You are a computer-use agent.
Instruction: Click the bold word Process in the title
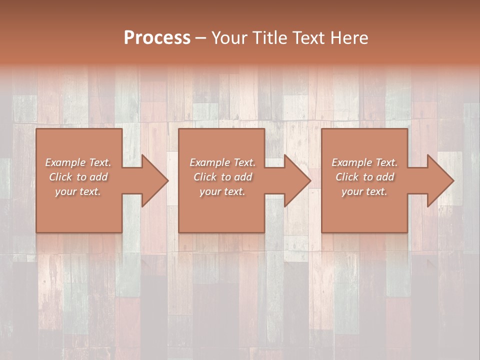coord(157,37)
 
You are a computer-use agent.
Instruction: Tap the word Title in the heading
coord(270,37)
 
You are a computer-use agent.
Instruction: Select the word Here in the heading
coord(350,37)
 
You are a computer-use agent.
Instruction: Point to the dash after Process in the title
coord(200,38)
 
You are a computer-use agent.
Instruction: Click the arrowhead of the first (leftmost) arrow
coord(155,180)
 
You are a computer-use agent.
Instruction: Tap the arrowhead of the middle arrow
coord(297,180)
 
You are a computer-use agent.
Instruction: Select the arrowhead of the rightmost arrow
coord(440,180)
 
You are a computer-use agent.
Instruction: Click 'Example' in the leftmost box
coord(64,162)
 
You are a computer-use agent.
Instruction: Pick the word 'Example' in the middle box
coord(209,162)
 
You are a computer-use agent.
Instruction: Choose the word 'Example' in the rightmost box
coord(351,162)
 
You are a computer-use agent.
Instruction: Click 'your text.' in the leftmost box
coord(78,191)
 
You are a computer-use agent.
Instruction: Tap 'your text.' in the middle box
coord(222,191)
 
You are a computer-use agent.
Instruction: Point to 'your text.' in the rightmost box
coord(364,191)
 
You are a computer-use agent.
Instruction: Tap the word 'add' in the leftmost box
coord(99,177)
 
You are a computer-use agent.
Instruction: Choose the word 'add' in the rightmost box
coord(385,177)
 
